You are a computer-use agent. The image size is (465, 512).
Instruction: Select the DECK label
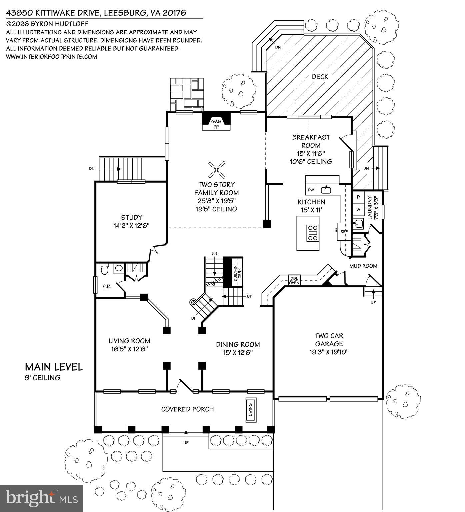320,77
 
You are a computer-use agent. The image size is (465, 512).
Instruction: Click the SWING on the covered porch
251,410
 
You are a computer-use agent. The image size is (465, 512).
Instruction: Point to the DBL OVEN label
294,280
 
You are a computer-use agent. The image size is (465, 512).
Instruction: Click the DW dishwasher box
311,190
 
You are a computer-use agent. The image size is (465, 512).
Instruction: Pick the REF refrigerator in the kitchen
344,231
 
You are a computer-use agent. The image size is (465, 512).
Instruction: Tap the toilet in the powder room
105,269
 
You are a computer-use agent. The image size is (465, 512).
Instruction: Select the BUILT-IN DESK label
235,272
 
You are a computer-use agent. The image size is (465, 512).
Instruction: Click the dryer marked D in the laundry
358,197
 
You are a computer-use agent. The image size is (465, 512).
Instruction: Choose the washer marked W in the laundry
358,210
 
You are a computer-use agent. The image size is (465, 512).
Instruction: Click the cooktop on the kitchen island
313,233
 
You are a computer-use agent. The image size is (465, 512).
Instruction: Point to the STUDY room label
131,218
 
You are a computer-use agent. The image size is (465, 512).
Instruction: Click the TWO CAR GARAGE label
329,340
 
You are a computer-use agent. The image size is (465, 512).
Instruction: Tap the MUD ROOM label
363,266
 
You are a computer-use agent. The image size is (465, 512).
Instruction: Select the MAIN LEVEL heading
54,367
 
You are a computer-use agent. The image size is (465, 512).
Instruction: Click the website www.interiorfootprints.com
52,57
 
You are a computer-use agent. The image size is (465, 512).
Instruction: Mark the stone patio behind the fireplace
187,94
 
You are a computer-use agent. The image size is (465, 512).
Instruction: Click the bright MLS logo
42,498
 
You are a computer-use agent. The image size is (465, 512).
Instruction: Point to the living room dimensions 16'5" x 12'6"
129,349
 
